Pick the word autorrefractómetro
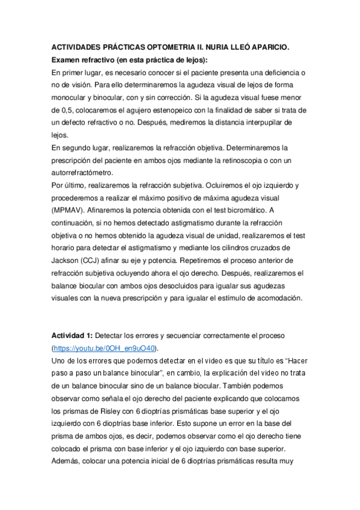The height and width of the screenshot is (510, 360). click(84, 173)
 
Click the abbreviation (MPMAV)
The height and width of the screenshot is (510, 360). click(70, 210)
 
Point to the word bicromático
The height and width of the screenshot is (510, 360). click(237, 210)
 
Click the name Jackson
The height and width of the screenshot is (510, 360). click(67, 260)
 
